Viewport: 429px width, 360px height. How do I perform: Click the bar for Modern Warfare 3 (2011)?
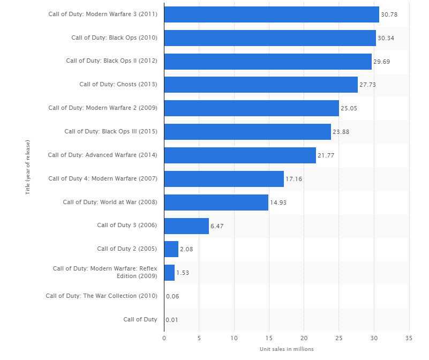click(272, 14)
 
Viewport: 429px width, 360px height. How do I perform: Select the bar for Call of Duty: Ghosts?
click(261, 85)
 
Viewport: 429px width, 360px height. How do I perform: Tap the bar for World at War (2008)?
click(216, 202)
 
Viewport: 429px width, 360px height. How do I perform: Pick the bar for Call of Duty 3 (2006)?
click(186, 226)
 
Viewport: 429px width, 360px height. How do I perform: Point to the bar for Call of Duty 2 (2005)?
click(171, 249)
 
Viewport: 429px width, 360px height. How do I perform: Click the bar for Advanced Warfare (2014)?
click(240, 155)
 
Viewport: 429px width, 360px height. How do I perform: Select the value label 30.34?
click(386, 38)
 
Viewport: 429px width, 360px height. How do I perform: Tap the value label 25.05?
click(349, 108)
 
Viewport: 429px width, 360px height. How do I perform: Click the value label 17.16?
click(293, 179)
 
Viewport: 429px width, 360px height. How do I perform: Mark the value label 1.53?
click(183, 273)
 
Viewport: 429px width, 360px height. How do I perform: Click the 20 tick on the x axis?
click(304, 338)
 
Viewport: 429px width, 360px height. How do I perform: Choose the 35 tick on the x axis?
click(409, 338)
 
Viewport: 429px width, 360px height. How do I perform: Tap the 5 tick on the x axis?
click(199, 338)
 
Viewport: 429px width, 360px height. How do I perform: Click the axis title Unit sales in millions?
click(287, 349)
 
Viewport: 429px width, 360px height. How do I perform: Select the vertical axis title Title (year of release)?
click(27, 167)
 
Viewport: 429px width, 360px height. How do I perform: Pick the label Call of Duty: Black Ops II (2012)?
click(111, 61)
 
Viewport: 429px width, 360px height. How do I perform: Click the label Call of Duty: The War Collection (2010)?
click(101, 296)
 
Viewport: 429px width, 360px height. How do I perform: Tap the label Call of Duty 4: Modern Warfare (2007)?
click(103, 178)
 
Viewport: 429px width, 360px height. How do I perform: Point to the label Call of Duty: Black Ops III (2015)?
click(111, 131)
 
